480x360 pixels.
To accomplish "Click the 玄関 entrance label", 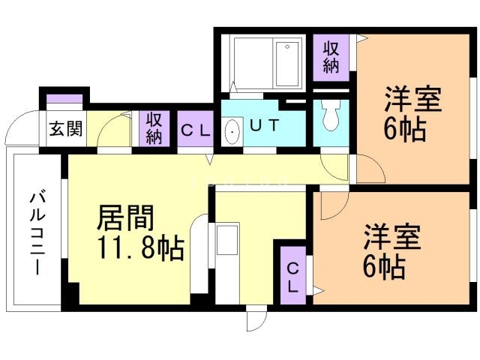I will [66, 128].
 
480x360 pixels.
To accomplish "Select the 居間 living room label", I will [125, 218].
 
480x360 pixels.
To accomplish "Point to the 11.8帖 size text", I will [139, 247].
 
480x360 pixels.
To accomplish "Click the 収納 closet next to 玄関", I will [154, 127].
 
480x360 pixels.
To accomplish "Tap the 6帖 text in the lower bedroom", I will [385, 265].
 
